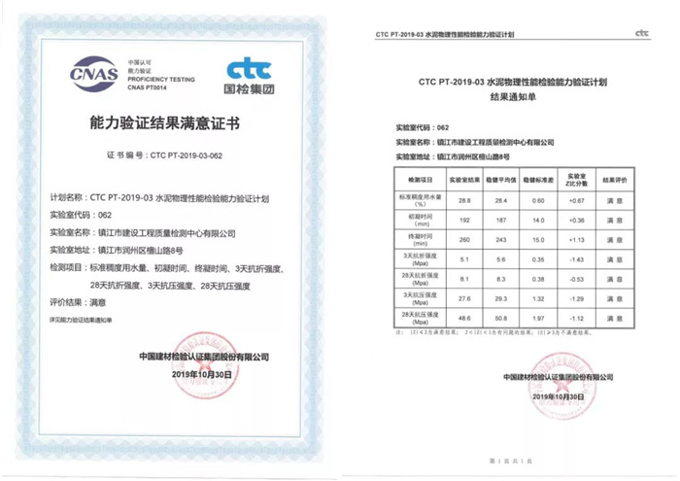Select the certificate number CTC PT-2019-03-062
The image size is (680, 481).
(194, 155)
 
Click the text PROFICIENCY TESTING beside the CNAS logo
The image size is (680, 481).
(159, 79)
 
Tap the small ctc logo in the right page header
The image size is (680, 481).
(641, 33)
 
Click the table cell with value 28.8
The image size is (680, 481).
(464, 199)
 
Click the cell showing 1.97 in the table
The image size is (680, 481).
(538, 318)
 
